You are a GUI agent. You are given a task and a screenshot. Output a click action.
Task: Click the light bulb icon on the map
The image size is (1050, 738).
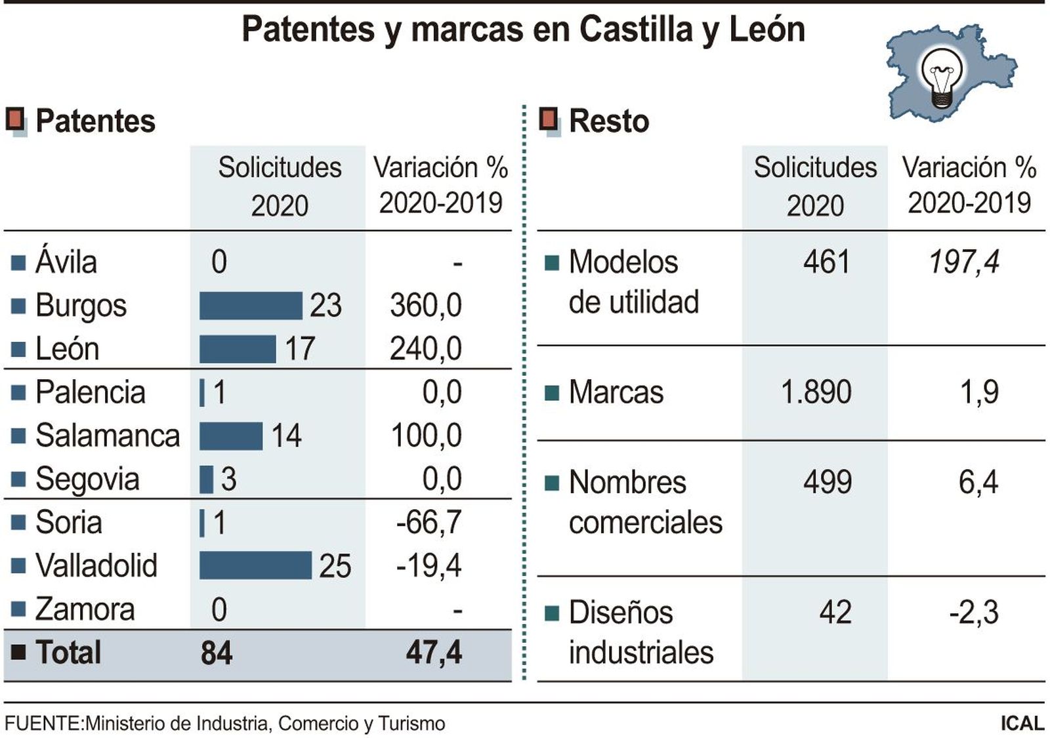click(x=942, y=77)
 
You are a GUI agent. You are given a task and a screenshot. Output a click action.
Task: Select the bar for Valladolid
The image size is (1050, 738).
click(x=255, y=565)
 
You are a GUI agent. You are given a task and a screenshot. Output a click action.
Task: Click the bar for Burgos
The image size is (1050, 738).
click(x=250, y=306)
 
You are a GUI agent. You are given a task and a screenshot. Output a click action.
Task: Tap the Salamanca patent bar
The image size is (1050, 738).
click(x=230, y=436)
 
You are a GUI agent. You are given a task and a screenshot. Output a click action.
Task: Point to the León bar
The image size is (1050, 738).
click(x=237, y=349)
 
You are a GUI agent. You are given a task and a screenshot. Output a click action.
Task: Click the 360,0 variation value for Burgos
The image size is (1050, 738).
click(x=425, y=306)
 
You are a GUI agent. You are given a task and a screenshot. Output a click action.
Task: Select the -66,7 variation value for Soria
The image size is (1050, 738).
click(x=429, y=523)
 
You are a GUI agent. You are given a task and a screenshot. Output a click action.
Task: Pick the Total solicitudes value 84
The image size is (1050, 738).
click(x=217, y=653)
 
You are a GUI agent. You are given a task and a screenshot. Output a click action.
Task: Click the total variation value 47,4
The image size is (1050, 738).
click(x=433, y=653)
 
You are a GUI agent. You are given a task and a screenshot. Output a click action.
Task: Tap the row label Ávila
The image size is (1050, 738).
click(x=66, y=262)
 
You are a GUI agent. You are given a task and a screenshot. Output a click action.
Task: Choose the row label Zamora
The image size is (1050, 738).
click(x=85, y=609)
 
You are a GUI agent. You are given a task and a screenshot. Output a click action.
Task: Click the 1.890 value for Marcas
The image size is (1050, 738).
click(x=816, y=392)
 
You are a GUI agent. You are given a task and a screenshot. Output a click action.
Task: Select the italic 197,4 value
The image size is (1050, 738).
click(x=963, y=262)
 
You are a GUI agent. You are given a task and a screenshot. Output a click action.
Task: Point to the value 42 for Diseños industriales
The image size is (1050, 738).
click(x=835, y=612)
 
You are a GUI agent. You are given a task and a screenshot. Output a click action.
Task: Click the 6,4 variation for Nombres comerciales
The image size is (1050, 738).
click(x=978, y=482)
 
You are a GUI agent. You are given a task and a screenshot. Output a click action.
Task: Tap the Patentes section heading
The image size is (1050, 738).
click(x=95, y=121)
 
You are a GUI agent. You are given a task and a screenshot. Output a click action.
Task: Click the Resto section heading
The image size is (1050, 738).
click(x=608, y=121)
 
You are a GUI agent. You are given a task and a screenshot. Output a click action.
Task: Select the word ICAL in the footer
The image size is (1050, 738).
click(x=1022, y=723)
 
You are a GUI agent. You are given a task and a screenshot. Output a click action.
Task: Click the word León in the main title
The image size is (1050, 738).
click(x=766, y=30)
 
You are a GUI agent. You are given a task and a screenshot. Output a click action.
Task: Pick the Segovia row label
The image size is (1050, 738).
click(x=87, y=480)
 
